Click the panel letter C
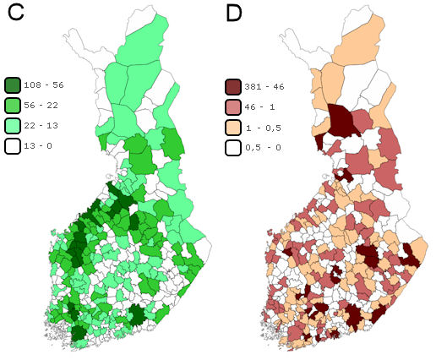15,19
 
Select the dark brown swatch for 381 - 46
234,85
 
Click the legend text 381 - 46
265,85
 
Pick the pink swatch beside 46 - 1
234,106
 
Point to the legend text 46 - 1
261,106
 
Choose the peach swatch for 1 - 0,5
234,126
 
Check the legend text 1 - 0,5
263,126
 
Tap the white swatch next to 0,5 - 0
234,146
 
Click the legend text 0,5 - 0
263,146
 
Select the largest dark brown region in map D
342,121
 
